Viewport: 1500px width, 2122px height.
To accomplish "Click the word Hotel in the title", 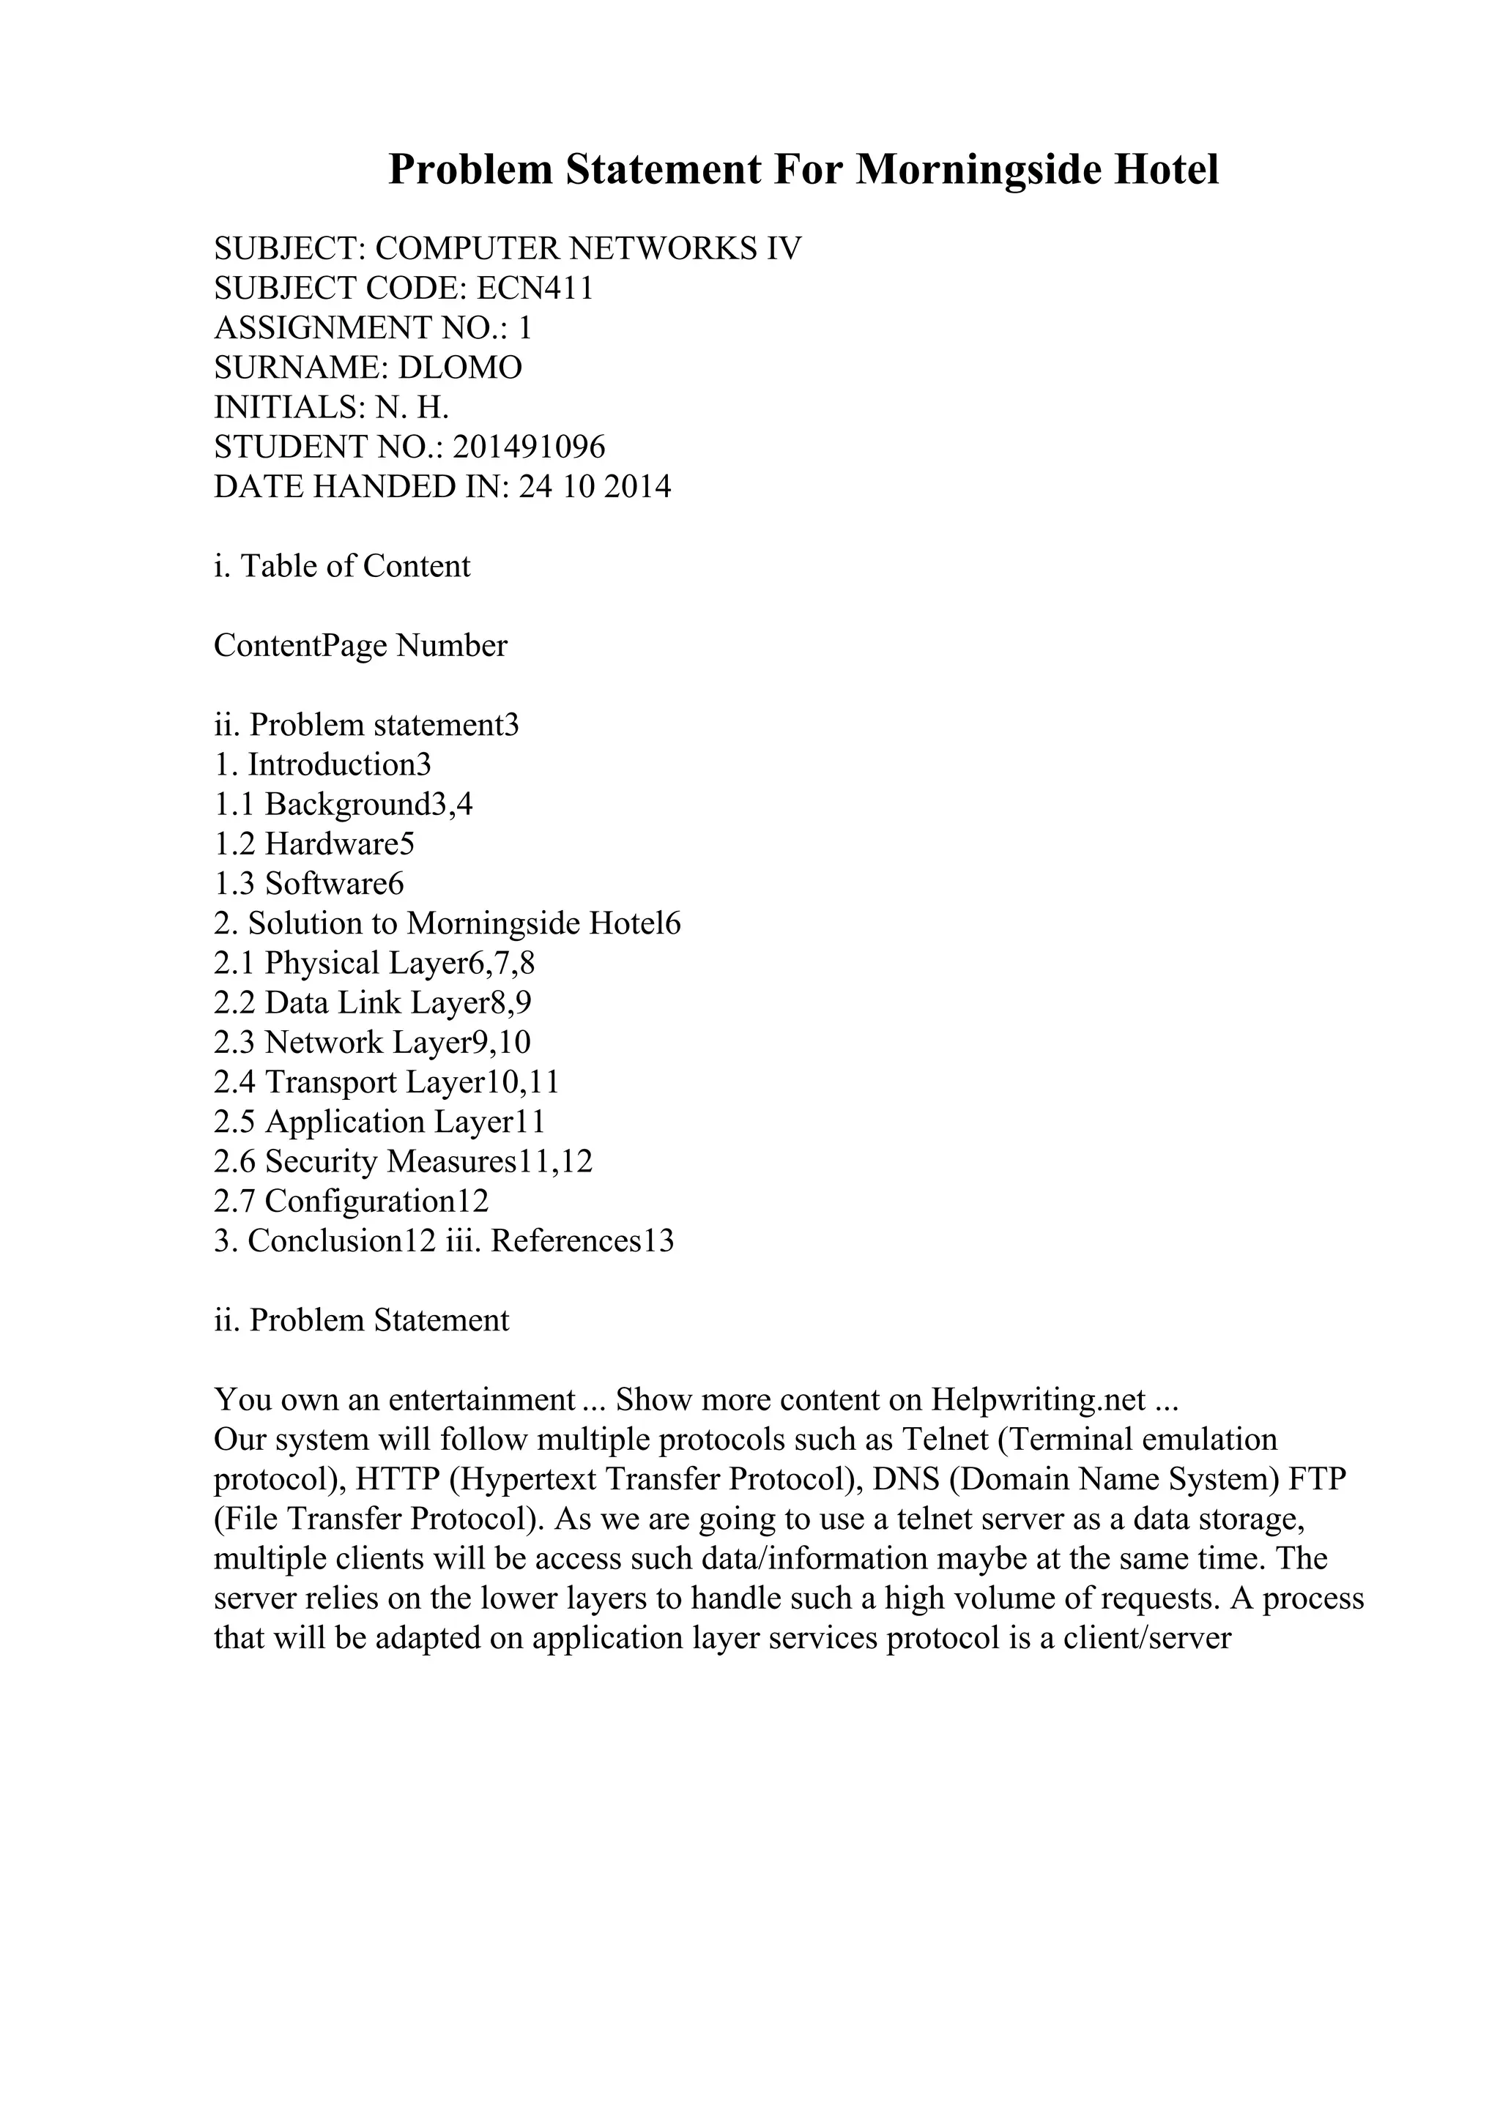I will click(x=1165, y=170).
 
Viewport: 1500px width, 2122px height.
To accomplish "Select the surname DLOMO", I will click(x=459, y=368).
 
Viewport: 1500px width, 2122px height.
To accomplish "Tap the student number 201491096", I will click(x=530, y=447).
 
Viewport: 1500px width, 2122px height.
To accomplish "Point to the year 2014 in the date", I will click(x=638, y=487).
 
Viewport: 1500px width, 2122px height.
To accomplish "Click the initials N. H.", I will click(x=412, y=408).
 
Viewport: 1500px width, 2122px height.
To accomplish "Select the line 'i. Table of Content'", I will click(x=342, y=565).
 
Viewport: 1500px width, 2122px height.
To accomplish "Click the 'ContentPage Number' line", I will click(x=360, y=645).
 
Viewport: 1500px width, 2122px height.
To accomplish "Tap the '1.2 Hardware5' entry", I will click(x=314, y=844).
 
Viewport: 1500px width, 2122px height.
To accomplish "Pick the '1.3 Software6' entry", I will click(x=308, y=884).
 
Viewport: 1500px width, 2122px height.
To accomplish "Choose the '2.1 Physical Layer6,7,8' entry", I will click(x=374, y=963).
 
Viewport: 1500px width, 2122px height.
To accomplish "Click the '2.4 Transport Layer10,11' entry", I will click(x=386, y=1082).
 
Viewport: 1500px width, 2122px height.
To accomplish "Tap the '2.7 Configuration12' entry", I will click(x=352, y=1202).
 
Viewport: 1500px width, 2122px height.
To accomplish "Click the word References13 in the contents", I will click(x=582, y=1241).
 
